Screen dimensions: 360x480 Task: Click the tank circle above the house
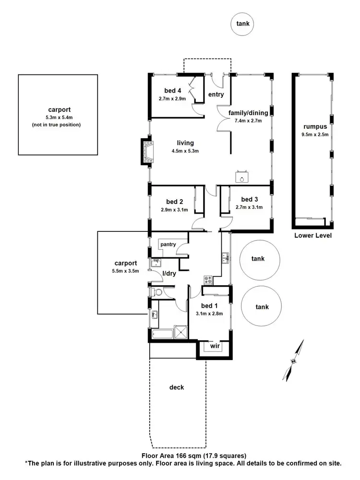(242, 24)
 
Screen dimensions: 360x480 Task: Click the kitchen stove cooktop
(208, 279)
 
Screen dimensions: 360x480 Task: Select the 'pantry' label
(168, 245)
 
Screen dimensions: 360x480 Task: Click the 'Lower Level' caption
(313, 236)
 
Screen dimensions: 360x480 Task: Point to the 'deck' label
(177, 387)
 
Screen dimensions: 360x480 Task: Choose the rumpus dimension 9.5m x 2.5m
(315, 134)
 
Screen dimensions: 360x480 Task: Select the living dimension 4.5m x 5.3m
(185, 151)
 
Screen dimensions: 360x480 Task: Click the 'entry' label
(216, 95)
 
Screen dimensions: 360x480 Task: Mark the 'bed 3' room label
(250, 199)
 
